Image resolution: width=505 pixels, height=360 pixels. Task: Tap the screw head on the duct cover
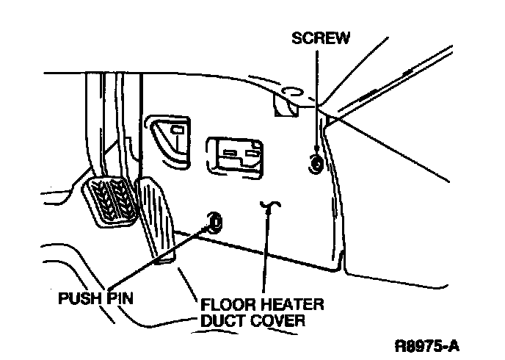(316, 165)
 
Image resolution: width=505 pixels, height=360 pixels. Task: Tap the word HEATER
(290, 304)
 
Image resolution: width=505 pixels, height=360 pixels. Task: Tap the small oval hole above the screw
(289, 92)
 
